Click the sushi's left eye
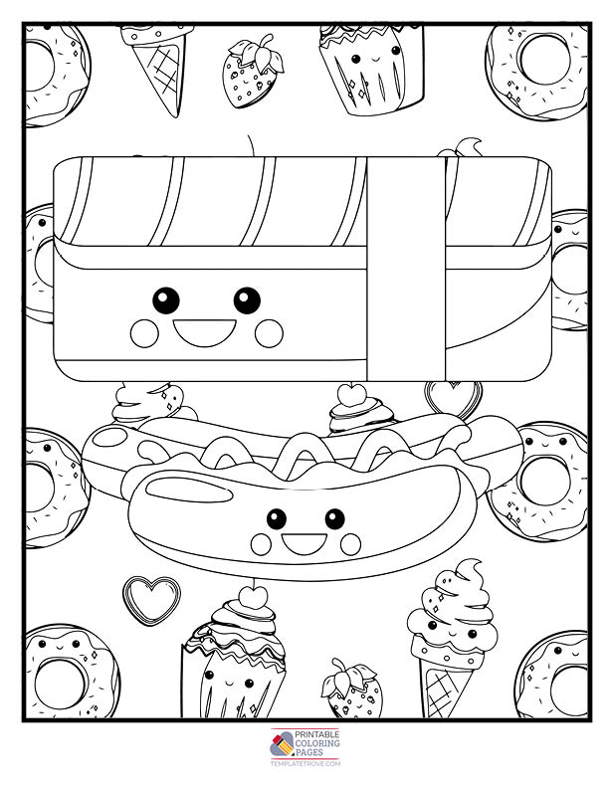pos(166,300)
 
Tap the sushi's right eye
pos(247,300)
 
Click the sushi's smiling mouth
pos(205,331)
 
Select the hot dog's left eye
pos(277,518)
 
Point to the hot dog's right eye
pos(334,518)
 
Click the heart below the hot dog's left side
pos(151,600)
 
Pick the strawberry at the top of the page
pos(252,72)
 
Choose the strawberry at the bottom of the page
pos(351,689)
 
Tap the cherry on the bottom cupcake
pos(251,597)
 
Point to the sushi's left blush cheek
pos(144,333)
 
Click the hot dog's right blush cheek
pos(350,544)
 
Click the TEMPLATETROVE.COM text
pos(305,763)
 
